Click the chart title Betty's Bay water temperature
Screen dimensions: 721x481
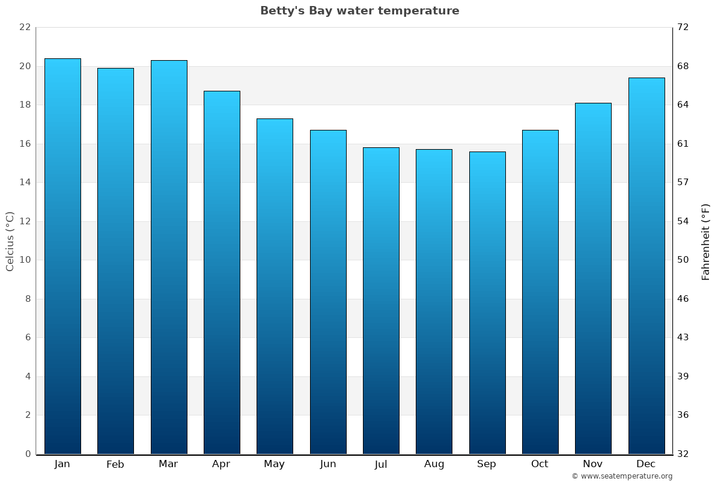click(x=359, y=11)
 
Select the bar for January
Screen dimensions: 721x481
click(x=62, y=256)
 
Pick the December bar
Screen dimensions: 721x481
click(x=646, y=266)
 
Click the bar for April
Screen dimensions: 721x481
click(x=222, y=272)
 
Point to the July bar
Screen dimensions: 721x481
click(x=381, y=301)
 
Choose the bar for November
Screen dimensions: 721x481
click(x=593, y=278)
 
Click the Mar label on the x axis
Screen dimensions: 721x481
click(x=168, y=464)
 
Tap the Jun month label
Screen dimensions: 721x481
click(x=328, y=464)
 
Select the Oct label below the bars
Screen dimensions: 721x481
click(x=540, y=464)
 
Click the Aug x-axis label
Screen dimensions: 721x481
click(x=434, y=464)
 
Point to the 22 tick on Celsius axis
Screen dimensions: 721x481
click(x=25, y=28)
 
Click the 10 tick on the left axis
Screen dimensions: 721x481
click(x=25, y=260)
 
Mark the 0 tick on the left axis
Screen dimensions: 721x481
click(x=28, y=454)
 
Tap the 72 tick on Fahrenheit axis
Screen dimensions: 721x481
click(x=683, y=28)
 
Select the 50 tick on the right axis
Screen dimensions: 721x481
click(x=683, y=260)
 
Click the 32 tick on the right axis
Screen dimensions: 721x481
click(x=683, y=454)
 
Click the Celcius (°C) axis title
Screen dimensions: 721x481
click(x=10, y=241)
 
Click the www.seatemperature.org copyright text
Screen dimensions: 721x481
click(x=622, y=476)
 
